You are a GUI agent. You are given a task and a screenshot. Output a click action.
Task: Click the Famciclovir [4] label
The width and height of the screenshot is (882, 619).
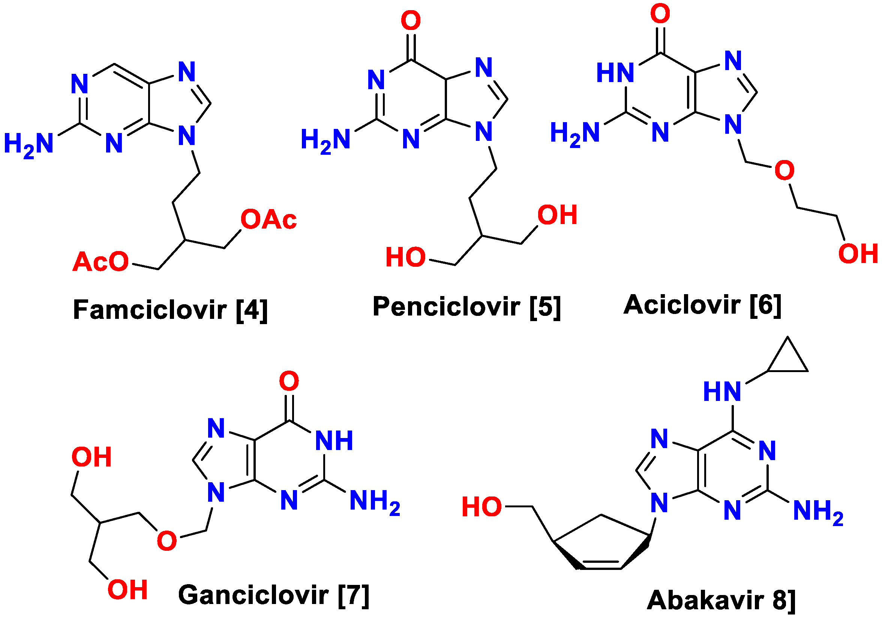click(x=170, y=310)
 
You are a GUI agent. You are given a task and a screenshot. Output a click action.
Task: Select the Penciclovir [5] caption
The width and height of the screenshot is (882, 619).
click(x=466, y=307)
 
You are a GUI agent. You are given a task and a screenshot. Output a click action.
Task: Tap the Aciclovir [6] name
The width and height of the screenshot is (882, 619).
click(x=702, y=305)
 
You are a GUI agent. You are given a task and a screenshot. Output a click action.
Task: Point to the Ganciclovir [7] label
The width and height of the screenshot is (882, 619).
click(x=273, y=595)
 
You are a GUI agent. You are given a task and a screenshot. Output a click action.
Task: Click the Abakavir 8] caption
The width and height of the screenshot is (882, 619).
click(x=721, y=600)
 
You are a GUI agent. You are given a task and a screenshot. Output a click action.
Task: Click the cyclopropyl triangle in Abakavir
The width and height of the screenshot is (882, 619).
click(x=787, y=359)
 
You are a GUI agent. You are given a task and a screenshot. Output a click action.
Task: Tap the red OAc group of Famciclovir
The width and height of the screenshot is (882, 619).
click(x=268, y=220)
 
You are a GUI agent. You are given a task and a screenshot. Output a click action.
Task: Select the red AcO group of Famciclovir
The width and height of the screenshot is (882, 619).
click(x=100, y=262)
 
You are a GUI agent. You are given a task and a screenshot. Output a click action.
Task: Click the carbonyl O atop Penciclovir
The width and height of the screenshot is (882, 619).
click(x=411, y=21)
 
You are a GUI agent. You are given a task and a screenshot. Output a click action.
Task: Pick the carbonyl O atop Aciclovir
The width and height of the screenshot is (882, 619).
click(x=660, y=14)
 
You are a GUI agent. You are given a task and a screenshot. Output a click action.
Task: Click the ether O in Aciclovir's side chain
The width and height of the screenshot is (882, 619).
click(x=784, y=170)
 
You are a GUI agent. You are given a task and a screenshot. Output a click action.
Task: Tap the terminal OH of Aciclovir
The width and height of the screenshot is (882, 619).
click(x=858, y=254)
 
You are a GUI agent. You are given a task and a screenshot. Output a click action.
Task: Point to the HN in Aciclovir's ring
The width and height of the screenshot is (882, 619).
click(x=615, y=73)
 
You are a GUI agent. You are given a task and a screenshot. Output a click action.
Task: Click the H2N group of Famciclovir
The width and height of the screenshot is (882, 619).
click(x=28, y=145)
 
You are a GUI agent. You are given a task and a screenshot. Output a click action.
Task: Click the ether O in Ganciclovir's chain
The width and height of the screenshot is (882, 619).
click(x=167, y=541)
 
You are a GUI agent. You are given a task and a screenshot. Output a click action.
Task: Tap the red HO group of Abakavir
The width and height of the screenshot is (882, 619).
click(x=482, y=507)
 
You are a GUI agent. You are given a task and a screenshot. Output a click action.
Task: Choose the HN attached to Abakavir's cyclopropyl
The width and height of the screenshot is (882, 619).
click(x=722, y=392)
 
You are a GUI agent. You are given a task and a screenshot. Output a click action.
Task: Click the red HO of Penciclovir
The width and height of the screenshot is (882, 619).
click(x=406, y=257)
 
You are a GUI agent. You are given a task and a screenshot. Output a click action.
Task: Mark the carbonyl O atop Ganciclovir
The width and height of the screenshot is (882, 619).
click(x=289, y=381)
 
